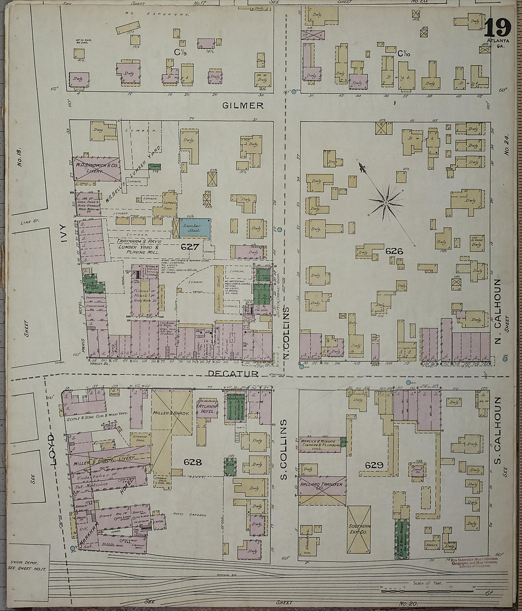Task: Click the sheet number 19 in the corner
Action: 498,27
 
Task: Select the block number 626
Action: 394,250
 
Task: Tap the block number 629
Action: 374,465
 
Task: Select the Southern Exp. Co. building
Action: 359,529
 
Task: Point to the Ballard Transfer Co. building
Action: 323,491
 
